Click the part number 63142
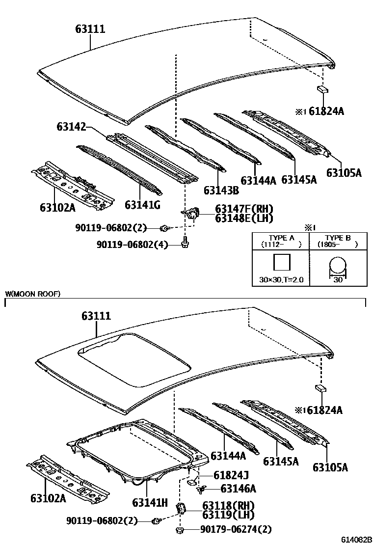tap(71, 126)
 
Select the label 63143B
tap(221, 190)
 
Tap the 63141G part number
tap(142, 205)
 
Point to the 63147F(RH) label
tap(244, 209)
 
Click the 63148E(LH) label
tap(244, 218)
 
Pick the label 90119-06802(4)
tap(132, 245)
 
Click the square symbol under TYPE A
tap(282, 262)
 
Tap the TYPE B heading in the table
tap(338, 238)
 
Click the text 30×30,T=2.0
tap(281, 279)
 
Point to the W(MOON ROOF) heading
tap(33, 294)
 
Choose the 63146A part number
tap(238, 489)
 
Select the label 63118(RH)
tap(228, 505)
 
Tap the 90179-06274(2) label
tap(236, 530)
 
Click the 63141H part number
tap(150, 502)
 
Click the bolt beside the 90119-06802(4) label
tap(185, 243)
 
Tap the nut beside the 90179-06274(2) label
tap(180, 530)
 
